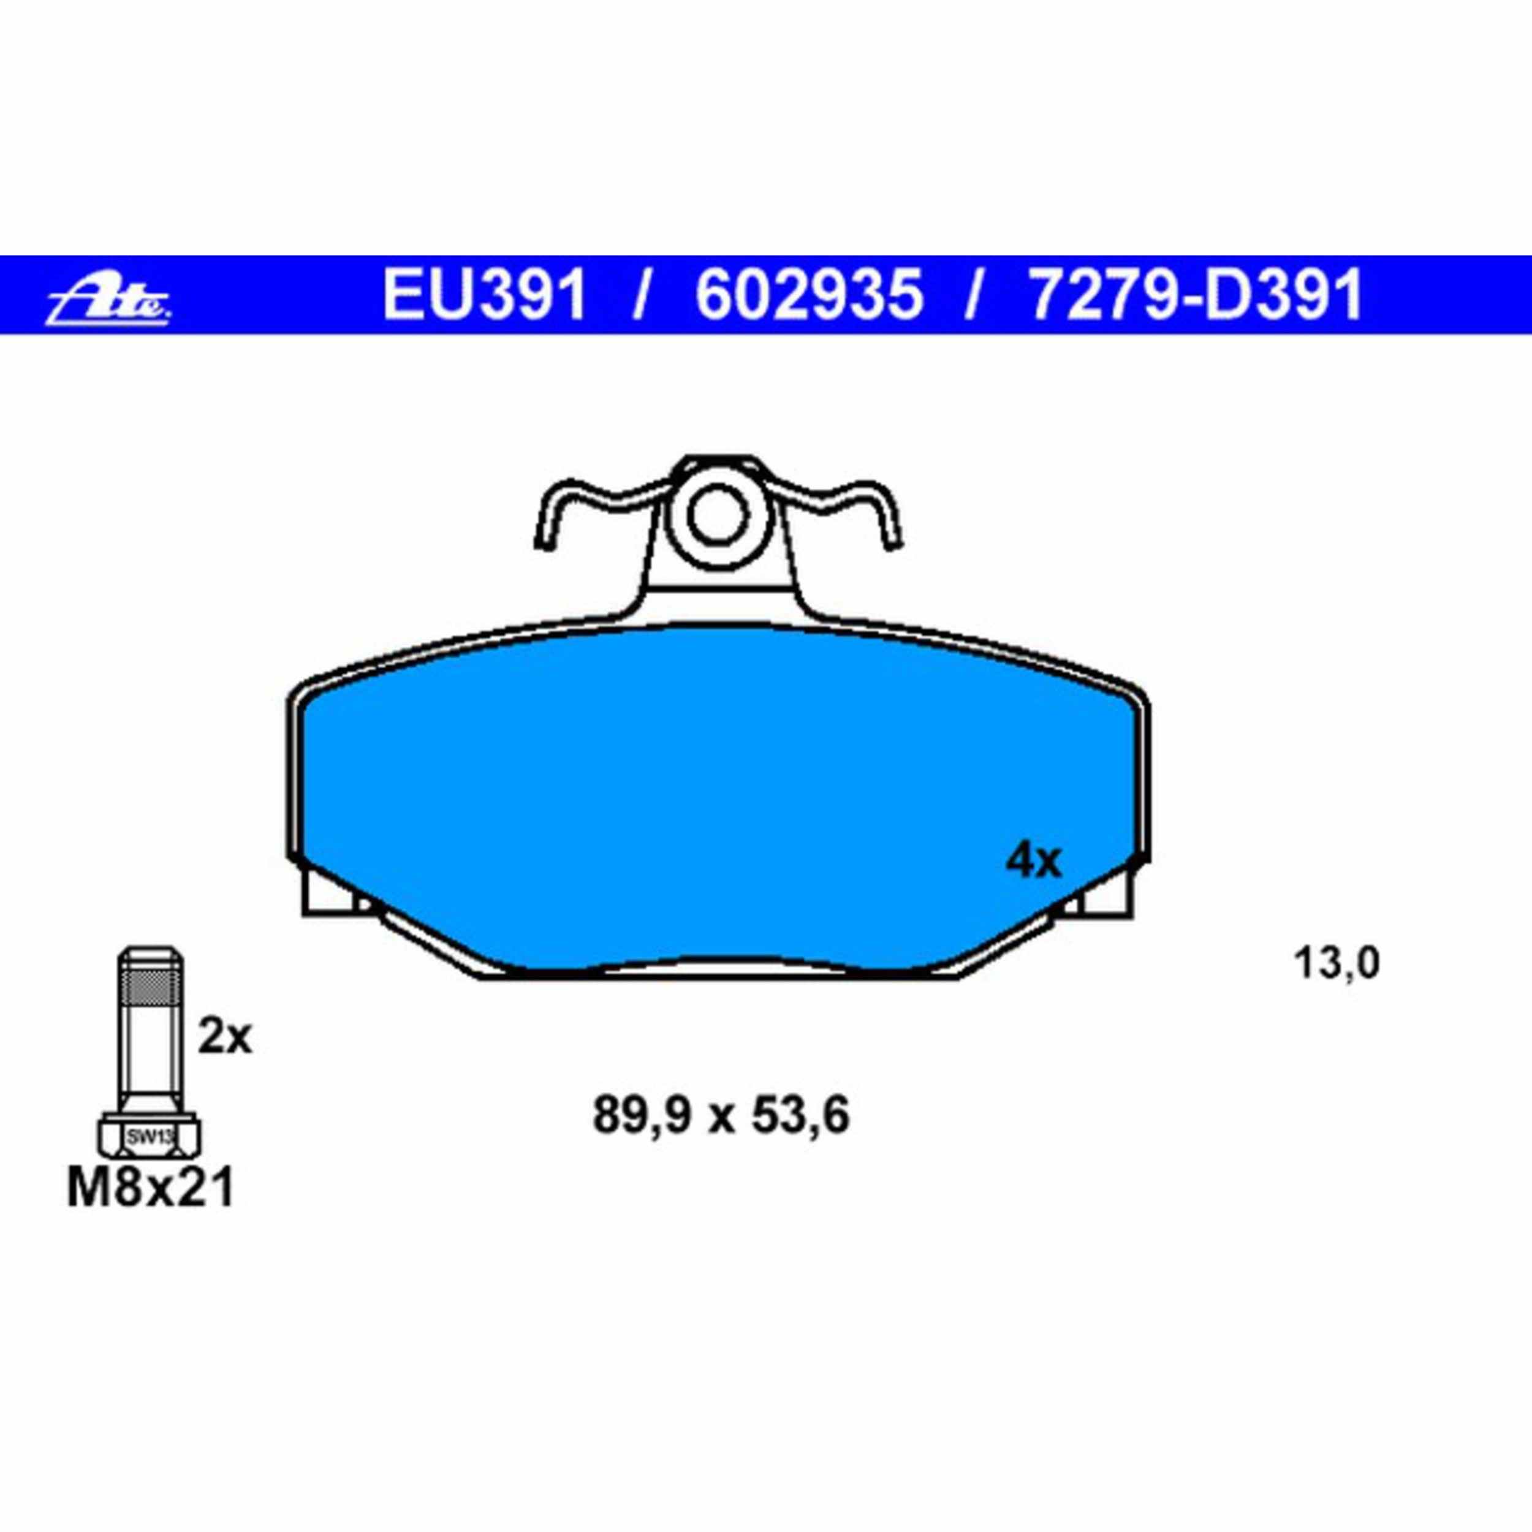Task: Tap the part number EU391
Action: tap(485, 295)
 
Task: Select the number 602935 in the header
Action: tap(810, 295)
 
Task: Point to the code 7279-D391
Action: tap(1194, 295)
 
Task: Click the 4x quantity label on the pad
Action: tap(1033, 861)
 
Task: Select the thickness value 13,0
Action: tap(1336, 964)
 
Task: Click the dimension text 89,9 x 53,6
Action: tap(721, 1116)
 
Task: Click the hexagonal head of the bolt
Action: tap(150, 1137)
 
